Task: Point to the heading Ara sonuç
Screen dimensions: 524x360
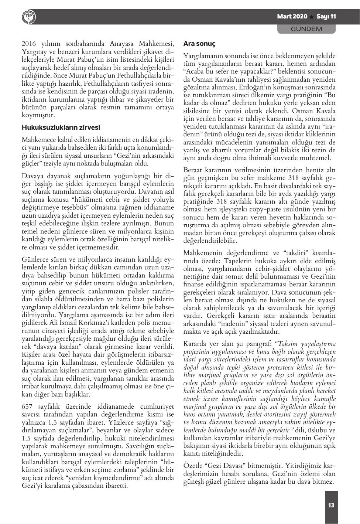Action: coord(199,44)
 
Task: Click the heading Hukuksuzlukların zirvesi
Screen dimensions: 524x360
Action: coord(61,128)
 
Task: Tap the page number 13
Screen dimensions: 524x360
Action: coord(331,505)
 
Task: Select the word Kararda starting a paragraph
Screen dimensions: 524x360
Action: coord(195,343)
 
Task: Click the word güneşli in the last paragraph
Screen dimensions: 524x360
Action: coord(195,482)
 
